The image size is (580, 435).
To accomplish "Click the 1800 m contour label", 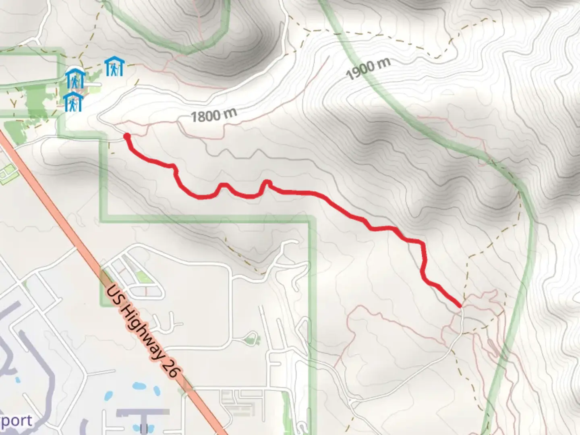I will [213, 116].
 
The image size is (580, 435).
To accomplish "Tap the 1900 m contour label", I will [368, 68].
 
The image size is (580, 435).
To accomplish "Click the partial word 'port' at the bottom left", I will [16, 421].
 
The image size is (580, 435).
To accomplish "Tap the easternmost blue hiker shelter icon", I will [114, 66].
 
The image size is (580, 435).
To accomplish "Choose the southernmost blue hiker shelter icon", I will [73, 101].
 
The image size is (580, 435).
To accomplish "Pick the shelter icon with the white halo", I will [75, 78].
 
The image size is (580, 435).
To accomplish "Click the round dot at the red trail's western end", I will [126, 136].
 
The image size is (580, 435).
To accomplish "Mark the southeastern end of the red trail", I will [460, 307].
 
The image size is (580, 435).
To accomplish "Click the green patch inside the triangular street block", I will [142, 277].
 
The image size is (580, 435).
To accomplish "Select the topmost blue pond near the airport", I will [139, 386].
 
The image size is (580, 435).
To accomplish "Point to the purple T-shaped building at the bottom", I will [143, 415].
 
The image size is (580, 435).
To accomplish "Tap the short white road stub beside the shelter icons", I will [93, 84].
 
